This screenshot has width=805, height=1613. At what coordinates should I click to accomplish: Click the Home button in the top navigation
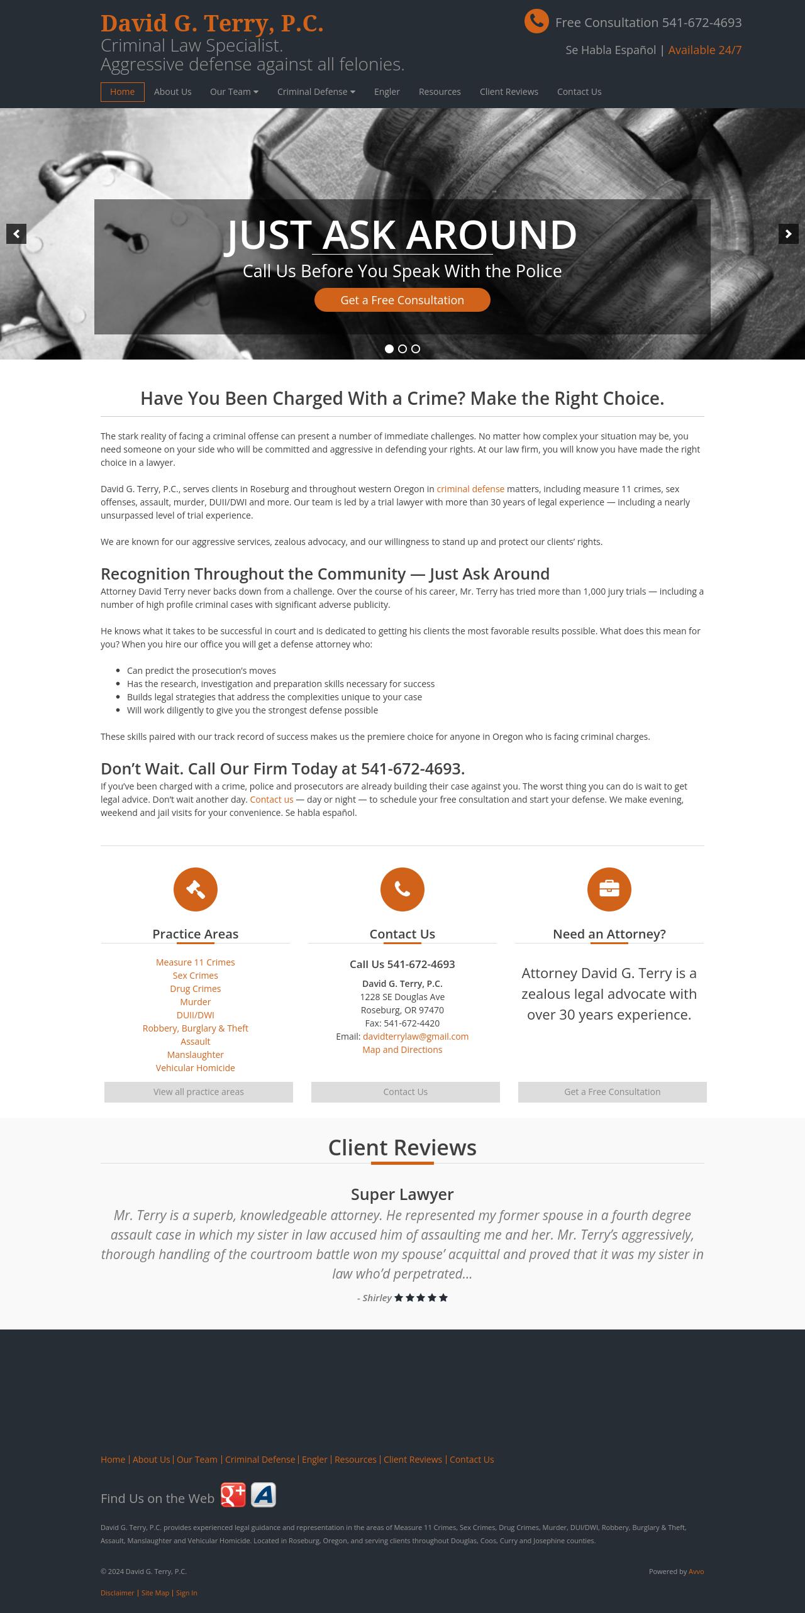tap(122, 92)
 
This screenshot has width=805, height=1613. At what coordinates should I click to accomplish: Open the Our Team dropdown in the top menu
tap(234, 92)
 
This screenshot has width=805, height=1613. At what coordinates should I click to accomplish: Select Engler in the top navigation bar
tap(387, 92)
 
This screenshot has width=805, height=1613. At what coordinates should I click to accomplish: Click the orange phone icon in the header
tap(536, 22)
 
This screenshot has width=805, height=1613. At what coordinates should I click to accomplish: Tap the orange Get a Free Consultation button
tap(402, 300)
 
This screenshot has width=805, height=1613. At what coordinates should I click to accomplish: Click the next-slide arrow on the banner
tap(788, 234)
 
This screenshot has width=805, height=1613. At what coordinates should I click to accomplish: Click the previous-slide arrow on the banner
tap(16, 234)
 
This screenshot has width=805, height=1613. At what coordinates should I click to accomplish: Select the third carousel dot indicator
tap(416, 349)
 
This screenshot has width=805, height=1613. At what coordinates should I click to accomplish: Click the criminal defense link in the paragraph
tap(470, 489)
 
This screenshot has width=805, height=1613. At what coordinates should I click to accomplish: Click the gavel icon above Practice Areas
tap(196, 889)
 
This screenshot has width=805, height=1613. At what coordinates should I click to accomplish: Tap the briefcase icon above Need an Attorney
tap(609, 889)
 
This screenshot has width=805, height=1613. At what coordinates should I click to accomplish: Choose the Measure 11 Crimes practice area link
tap(196, 962)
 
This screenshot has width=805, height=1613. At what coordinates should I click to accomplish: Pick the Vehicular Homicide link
tap(196, 1068)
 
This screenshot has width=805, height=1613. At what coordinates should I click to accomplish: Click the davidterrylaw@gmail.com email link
tap(416, 1037)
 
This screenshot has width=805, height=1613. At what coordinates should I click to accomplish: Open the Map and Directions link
tap(402, 1050)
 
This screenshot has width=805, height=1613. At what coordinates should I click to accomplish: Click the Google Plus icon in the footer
tap(233, 1495)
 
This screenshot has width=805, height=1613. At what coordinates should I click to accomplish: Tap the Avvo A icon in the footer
tap(264, 1495)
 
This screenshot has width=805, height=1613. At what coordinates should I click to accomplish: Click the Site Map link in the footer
tap(155, 1593)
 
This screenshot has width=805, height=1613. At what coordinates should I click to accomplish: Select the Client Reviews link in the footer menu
tap(413, 1460)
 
